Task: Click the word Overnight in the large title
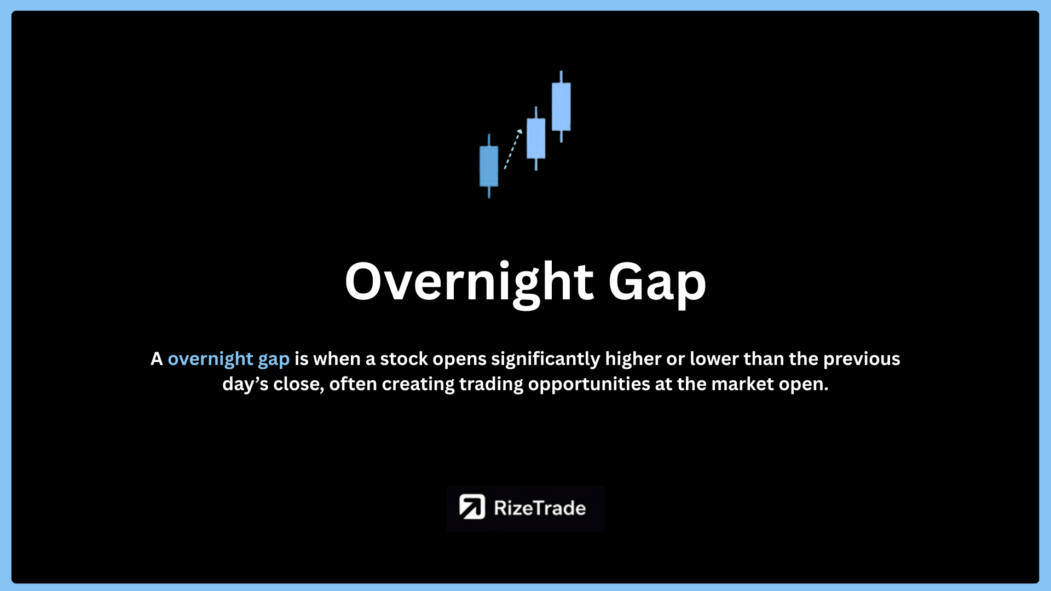coord(470,282)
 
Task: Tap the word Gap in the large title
coord(657,283)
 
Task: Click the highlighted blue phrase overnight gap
coord(228,360)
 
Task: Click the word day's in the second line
coord(245,385)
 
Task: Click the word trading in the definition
coord(491,385)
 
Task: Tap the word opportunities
coord(589,385)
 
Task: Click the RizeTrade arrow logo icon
coord(472,507)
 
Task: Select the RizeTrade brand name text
coord(540,508)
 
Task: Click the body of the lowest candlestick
coord(489,166)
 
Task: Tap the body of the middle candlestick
coord(536,138)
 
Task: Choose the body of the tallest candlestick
coord(561,107)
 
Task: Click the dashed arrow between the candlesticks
coord(513,149)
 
